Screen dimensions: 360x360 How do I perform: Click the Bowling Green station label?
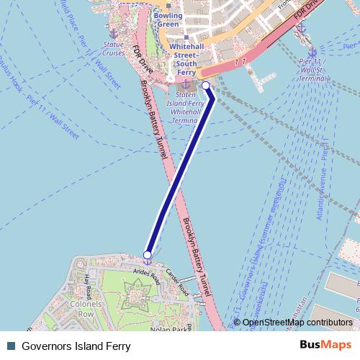[167, 19]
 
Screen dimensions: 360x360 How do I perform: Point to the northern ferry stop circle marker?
[206, 86]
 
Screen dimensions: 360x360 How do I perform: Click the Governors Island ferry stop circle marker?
[148, 254]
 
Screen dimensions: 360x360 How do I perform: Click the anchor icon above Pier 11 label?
[312, 52]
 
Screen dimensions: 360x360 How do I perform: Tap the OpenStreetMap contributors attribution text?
[297, 323]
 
